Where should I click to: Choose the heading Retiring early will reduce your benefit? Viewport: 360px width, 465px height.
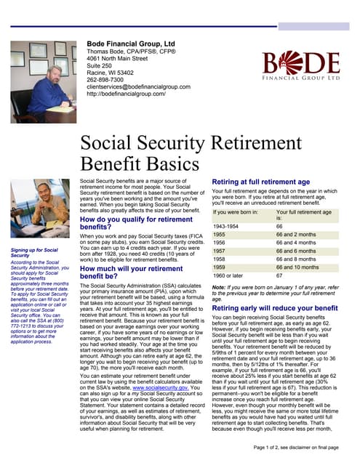(x=274, y=307)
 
